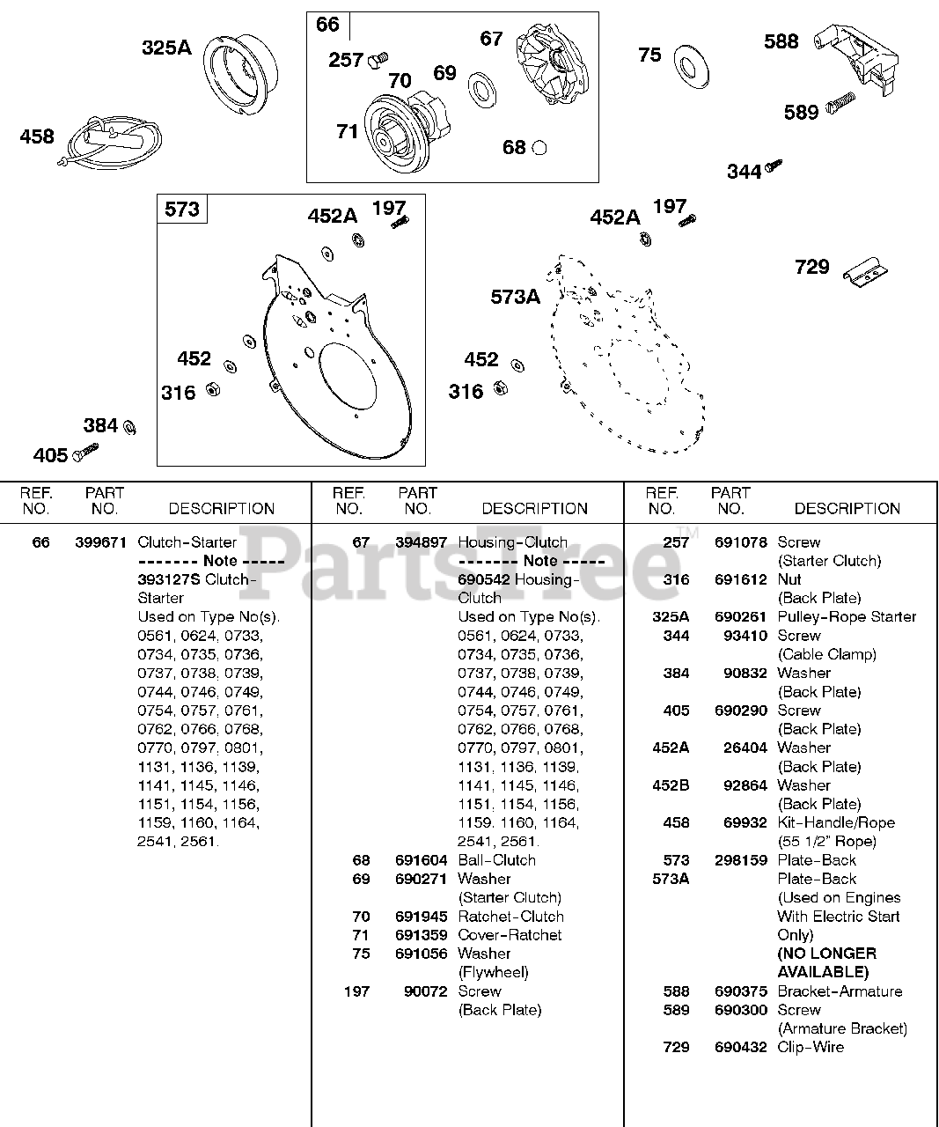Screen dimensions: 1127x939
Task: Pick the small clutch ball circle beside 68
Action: pyautogui.click(x=539, y=148)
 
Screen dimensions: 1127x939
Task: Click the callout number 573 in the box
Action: pyautogui.click(x=182, y=210)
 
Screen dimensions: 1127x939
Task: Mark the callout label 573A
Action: pyautogui.click(x=515, y=298)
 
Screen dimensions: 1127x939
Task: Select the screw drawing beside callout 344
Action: pyautogui.click(x=774, y=165)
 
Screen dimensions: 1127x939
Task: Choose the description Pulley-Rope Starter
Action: pyautogui.click(x=847, y=617)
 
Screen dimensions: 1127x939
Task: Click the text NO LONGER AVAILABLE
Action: pyautogui.click(x=826, y=962)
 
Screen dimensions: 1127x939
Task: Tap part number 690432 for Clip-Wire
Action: pyautogui.click(x=740, y=1047)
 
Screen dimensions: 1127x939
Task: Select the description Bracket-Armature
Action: pyautogui.click(x=840, y=991)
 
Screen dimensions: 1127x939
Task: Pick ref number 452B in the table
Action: pyautogui.click(x=671, y=785)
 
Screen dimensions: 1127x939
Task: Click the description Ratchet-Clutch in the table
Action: pyautogui.click(x=510, y=917)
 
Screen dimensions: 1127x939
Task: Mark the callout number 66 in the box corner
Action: pyautogui.click(x=327, y=25)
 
